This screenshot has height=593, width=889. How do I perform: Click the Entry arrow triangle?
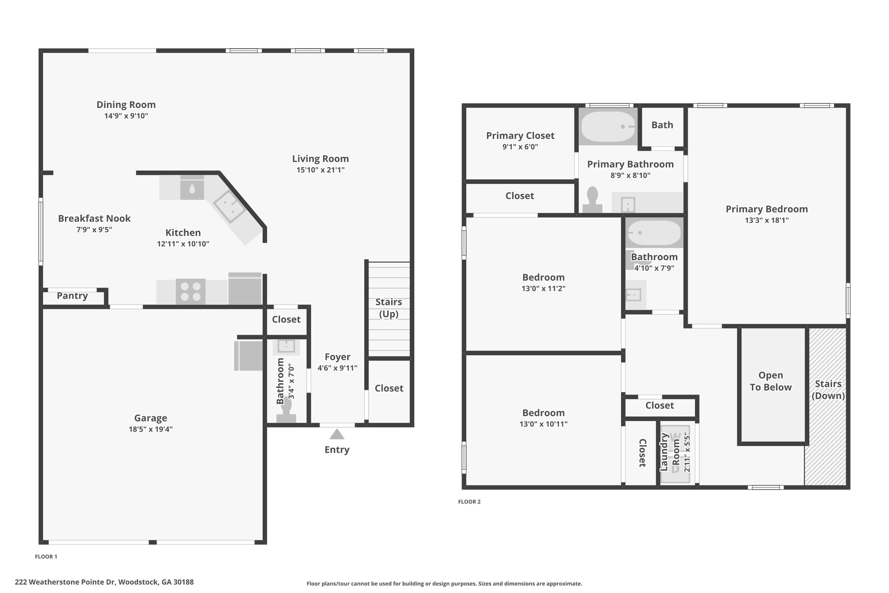[337, 434]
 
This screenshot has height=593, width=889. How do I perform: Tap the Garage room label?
[151, 418]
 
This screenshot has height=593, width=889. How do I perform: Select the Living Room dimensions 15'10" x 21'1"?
[320, 170]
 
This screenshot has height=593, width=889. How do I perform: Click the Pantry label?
[72, 296]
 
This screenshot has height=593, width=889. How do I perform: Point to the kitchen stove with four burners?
[191, 292]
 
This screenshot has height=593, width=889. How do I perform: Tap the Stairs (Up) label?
[389, 308]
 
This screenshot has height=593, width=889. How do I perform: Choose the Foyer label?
[337, 357]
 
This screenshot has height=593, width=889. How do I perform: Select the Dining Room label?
[126, 105]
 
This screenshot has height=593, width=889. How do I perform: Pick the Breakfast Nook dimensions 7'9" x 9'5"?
[94, 229]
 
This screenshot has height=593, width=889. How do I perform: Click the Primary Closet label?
[520, 136]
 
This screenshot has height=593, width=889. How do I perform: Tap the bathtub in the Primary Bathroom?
[608, 126]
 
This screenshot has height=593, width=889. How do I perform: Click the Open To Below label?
[770, 381]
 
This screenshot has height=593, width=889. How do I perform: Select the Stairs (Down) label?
[828, 390]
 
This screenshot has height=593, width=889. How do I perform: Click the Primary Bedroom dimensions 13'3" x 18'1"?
[767, 220]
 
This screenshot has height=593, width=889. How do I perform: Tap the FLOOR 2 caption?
[469, 502]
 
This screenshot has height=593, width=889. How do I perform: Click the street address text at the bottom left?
[104, 582]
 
